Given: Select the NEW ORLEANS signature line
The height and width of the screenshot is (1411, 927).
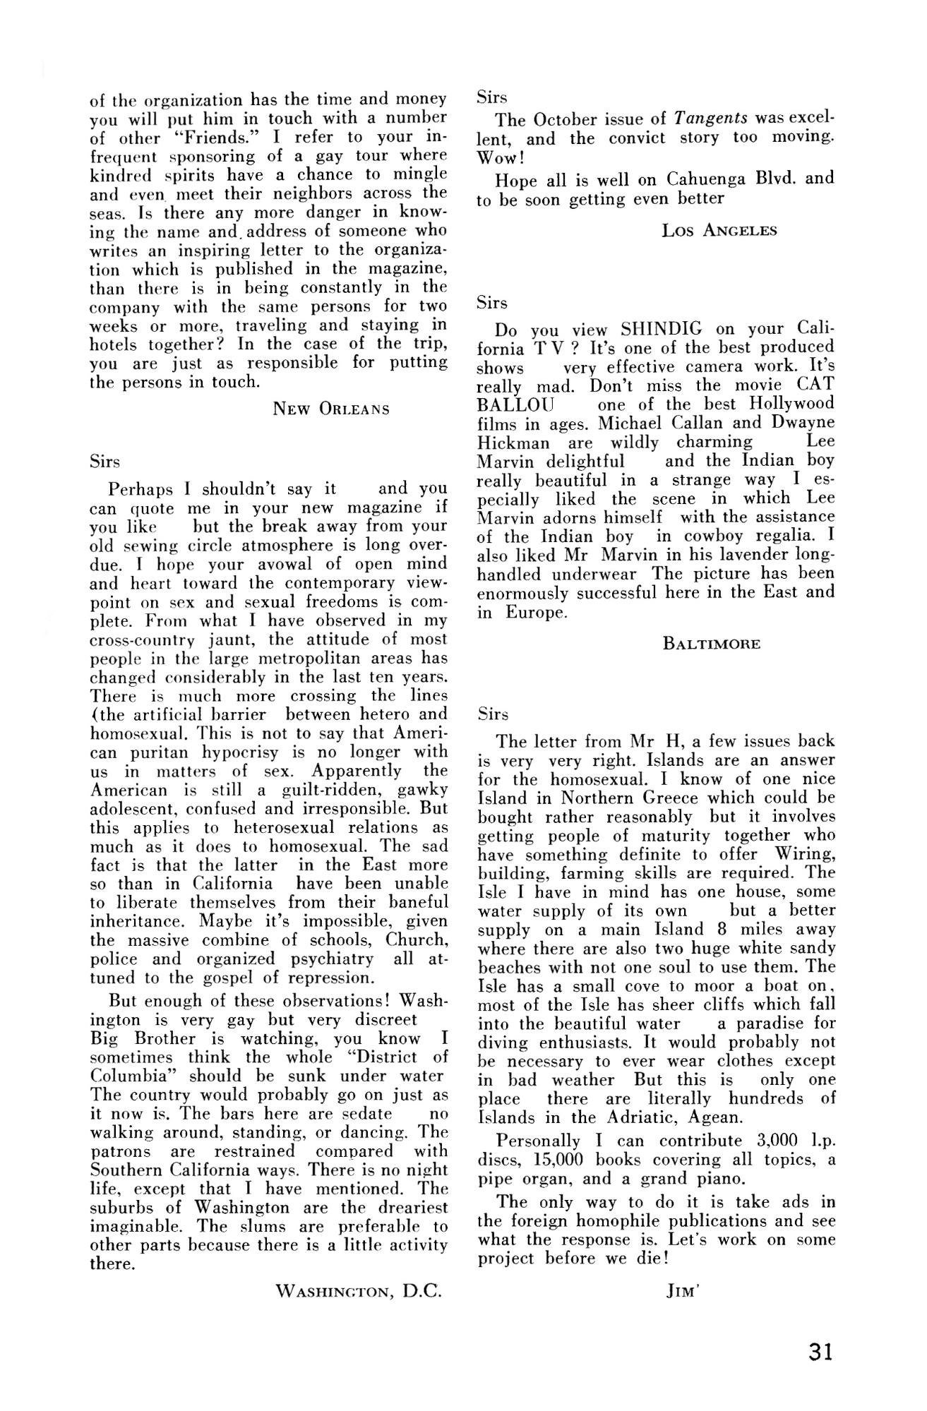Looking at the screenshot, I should tap(331, 409).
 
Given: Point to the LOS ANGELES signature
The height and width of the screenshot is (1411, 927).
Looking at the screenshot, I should tap(719, 230).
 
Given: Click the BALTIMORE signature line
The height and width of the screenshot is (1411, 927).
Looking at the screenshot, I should tap(712, 644).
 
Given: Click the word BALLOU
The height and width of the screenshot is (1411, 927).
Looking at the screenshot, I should tap(515, 404).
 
